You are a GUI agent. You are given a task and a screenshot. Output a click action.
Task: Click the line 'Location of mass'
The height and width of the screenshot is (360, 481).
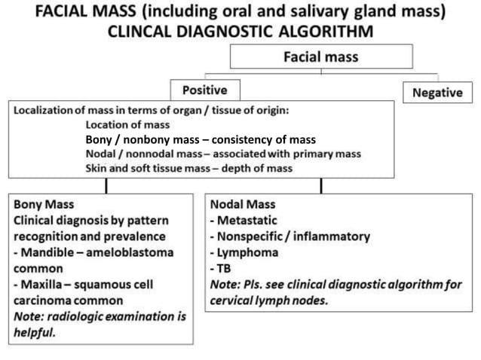coord(132,124)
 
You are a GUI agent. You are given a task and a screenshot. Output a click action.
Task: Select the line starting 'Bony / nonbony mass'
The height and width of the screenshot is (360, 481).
coord(200,139)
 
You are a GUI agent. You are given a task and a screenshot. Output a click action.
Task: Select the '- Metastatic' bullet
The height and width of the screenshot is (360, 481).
coord(245,221)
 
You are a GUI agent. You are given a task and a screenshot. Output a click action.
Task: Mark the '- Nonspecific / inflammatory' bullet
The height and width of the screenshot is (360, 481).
coord(290,236)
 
